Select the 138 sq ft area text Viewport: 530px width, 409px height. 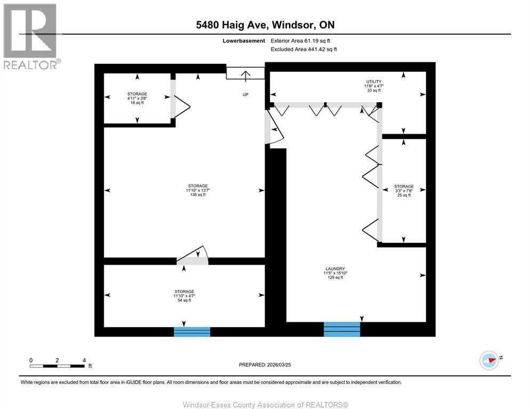[197, 195]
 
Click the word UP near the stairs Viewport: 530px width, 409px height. [245, 95]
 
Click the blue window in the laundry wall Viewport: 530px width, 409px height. [342, 329]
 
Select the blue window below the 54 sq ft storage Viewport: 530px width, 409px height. [192, 332]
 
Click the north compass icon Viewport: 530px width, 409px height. [489, 360]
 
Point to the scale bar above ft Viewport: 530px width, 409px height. [57, 366]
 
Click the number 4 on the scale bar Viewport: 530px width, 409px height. [84, 360]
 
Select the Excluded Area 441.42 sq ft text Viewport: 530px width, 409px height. [304, 49]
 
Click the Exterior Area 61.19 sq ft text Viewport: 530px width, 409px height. [304, 40]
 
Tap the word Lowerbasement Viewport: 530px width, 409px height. [244, 40]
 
